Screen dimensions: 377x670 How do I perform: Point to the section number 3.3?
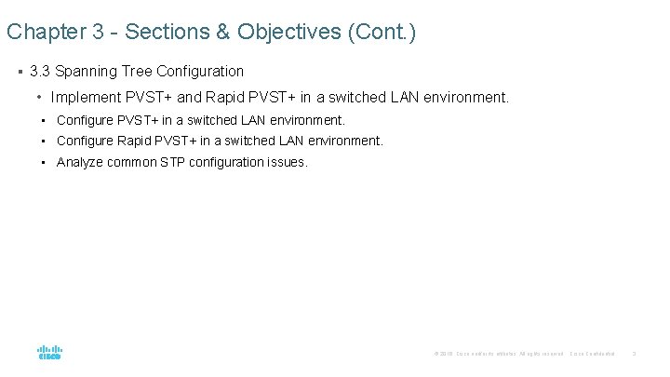[x=40, y=71]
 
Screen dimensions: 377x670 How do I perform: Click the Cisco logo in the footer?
[x=49, y=353]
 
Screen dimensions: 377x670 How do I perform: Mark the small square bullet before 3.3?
[x=20, y=71]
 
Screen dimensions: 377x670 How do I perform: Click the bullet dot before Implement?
[x=39, y=97]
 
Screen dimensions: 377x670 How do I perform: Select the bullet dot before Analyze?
[x=44, y=162]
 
